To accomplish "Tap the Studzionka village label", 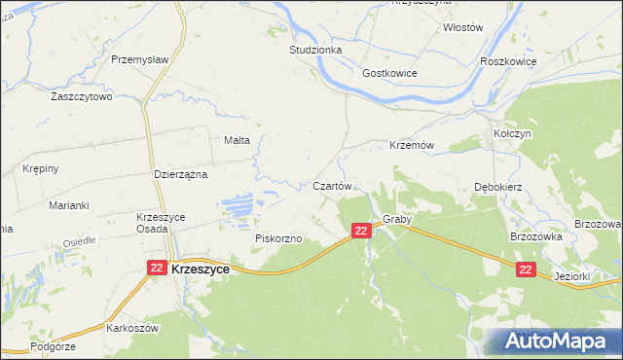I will click(314, 48).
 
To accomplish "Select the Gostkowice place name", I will click(389, 73).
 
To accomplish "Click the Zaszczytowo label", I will click(83, 97).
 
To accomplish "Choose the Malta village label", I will click(238, 140).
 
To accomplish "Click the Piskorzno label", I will click(278, 237).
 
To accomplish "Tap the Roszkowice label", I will click(508, 59).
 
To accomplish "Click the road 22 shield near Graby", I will click(361, 231).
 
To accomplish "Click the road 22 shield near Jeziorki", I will click(526, 270).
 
